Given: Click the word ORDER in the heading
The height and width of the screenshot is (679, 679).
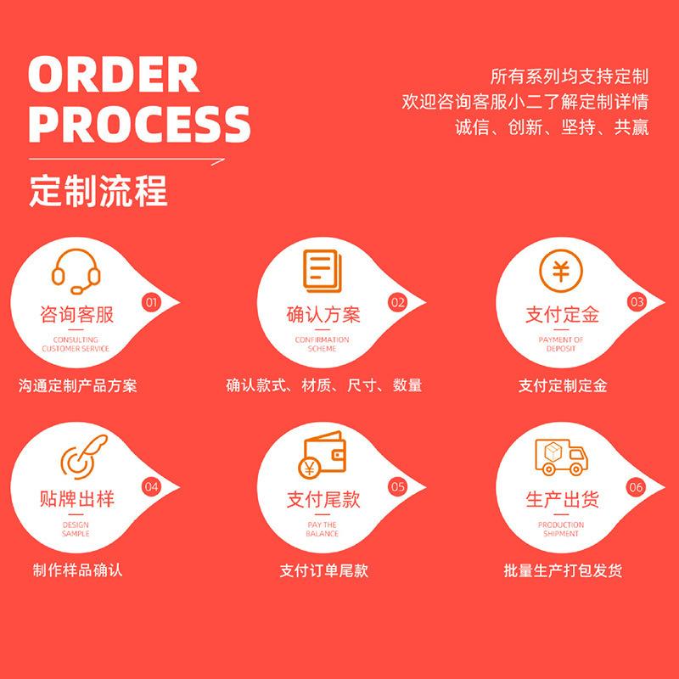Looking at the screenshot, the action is coord(112,76).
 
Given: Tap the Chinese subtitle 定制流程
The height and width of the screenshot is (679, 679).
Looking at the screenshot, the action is coord(98,189).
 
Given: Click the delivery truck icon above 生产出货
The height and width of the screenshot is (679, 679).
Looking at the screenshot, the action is coord(561,459).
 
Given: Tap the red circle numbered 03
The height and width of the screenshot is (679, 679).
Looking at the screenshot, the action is coord(637,301).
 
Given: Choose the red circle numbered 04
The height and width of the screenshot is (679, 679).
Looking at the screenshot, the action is coord(152,487).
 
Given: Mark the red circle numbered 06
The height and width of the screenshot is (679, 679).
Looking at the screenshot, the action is coord(637,487).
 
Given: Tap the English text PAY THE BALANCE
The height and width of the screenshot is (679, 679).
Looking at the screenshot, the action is coord(323,529).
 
